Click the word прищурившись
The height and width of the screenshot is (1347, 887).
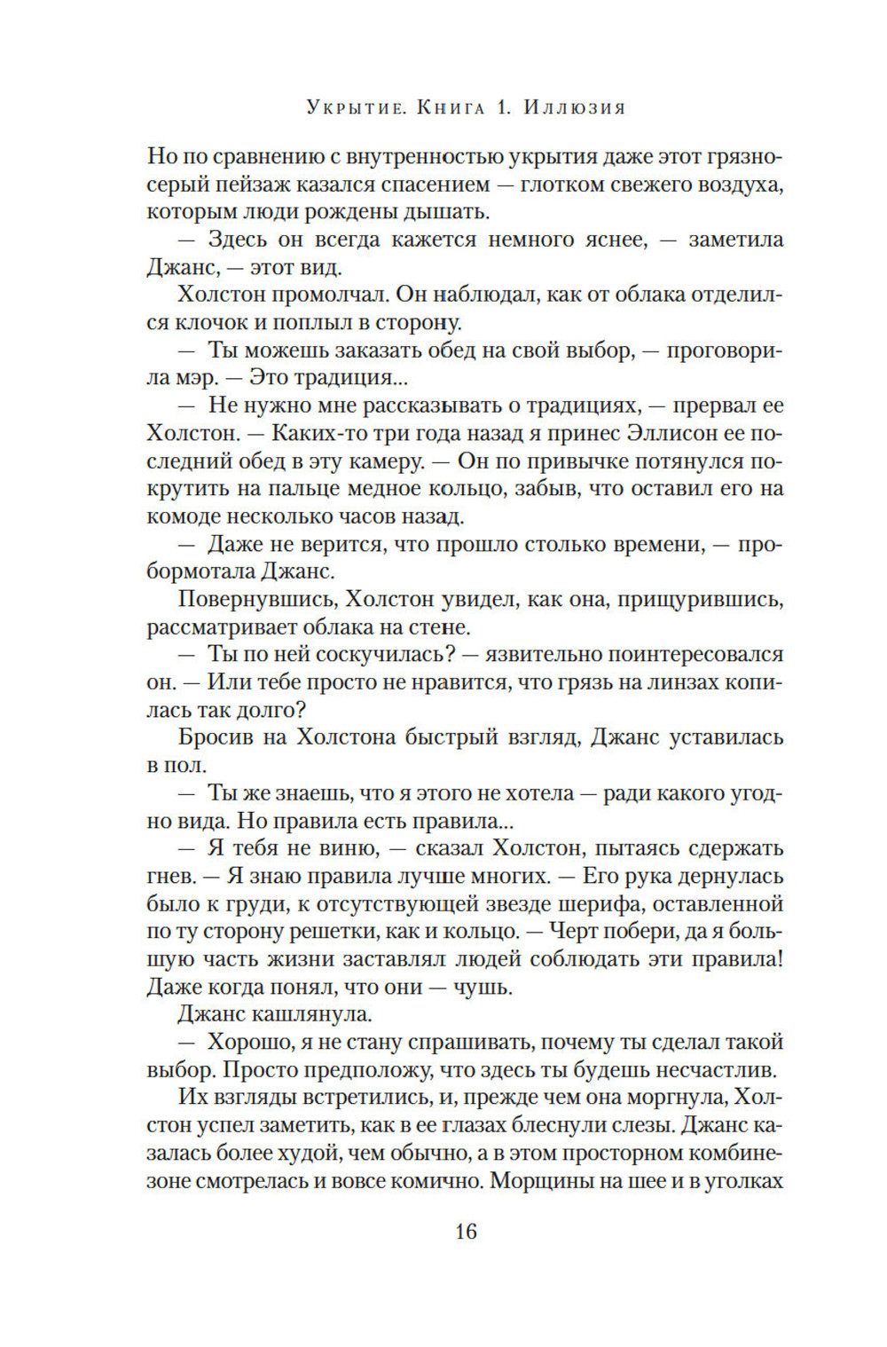tap(692, 600)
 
